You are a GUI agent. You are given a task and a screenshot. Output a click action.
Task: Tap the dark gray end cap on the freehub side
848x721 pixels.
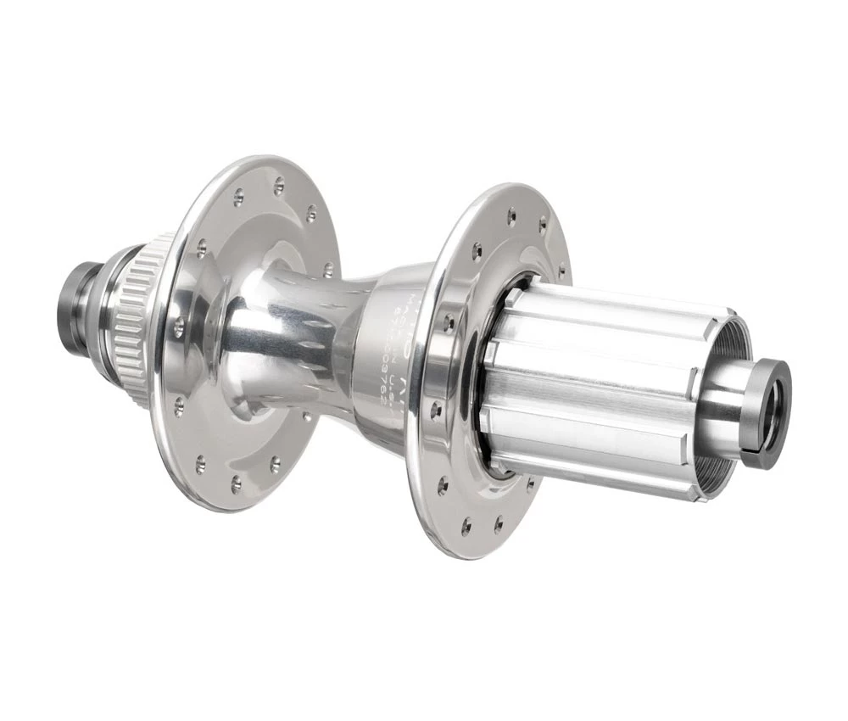point(767,414)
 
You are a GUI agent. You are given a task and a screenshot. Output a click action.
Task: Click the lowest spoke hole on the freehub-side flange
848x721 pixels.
point(466,528)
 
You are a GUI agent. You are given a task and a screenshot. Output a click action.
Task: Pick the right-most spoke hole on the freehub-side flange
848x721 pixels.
point(561,272)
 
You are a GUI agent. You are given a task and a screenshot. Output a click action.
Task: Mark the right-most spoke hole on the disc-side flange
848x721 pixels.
point(328,270)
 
